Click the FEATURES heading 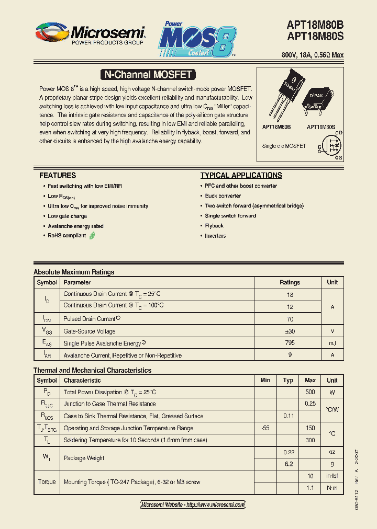(x=58, y=175)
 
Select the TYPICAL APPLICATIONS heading (x=241, y=175)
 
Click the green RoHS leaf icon (x=92, y=236)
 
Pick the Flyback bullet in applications (x=214, y=226)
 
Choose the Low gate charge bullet (x=68, y=216)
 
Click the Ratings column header (x=290, y=282)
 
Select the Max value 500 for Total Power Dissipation (x=310, y=392)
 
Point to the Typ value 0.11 (x=288, y=416)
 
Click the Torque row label (x=47, y=481)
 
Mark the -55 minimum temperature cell (x=265, y=428)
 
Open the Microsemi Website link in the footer (x=193, y=504)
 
